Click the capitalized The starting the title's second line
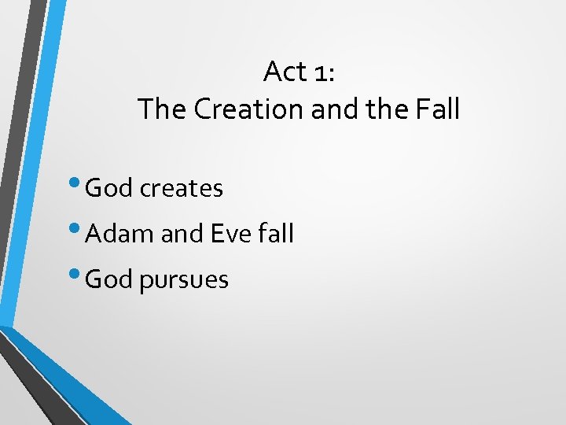pyautogui.click(x=162, y=109)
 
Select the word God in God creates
pyautogui.click(x=109, y=188)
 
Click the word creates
pyautogui.click(x=182, y=189)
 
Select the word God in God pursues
pyautogui.click(x=109, y=279)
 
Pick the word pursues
pyautogui.click(x=184, y=281)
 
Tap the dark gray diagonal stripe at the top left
pyautogui.click(x=17, y=118)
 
